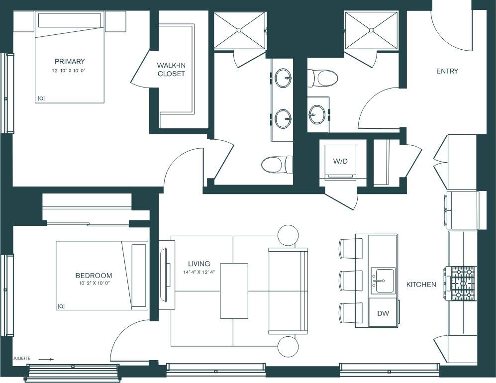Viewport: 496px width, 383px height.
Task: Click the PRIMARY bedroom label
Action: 70,62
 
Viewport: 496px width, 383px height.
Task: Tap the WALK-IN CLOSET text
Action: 171,70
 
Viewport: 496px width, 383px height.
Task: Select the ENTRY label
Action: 447,71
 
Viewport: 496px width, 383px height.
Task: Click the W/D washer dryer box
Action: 340,162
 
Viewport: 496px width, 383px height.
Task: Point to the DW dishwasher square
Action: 383,313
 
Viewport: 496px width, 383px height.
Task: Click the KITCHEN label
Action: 421,285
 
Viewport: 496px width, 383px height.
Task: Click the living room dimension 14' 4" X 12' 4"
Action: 198,272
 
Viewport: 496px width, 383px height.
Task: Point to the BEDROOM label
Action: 94,275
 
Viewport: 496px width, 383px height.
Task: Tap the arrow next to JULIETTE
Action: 46,358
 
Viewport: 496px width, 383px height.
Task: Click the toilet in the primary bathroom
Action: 277,165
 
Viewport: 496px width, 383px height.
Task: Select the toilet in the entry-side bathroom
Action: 323,78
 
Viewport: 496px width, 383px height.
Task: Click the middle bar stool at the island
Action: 351,281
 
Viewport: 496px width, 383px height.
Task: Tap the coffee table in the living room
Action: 234,290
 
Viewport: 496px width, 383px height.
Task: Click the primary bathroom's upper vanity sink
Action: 283,78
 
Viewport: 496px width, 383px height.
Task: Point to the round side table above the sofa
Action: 288,235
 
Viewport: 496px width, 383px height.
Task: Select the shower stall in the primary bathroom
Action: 240,30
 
